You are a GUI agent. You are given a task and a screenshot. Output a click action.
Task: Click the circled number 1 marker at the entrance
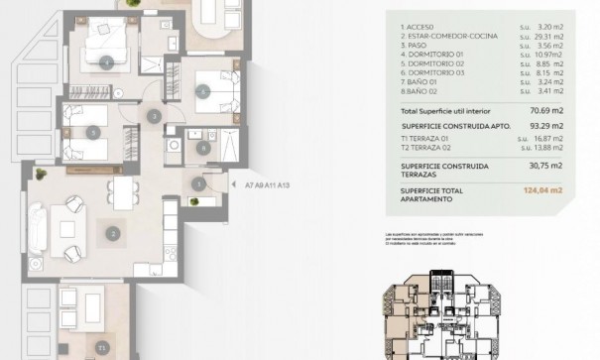[200, 183]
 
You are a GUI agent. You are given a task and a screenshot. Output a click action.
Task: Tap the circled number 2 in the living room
[113, 234]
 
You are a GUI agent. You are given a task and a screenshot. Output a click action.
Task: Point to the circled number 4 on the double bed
[108, 60]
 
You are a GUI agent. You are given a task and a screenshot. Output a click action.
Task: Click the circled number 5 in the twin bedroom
[92, 131]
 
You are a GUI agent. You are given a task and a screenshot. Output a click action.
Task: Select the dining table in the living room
[122, 191]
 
